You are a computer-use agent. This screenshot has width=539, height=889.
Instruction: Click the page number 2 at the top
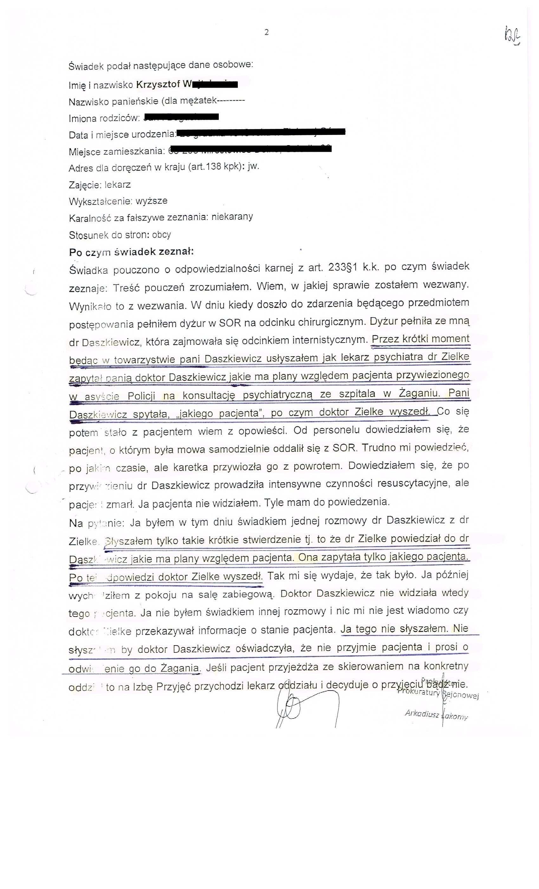[266, 32]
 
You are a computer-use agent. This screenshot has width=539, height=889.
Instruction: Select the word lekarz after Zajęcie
[117, 185]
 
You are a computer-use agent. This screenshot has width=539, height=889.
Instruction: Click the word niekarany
[232, 217]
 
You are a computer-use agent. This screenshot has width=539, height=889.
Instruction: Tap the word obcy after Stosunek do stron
[161, 235]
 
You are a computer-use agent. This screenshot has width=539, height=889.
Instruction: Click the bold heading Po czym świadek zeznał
[131, 252]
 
